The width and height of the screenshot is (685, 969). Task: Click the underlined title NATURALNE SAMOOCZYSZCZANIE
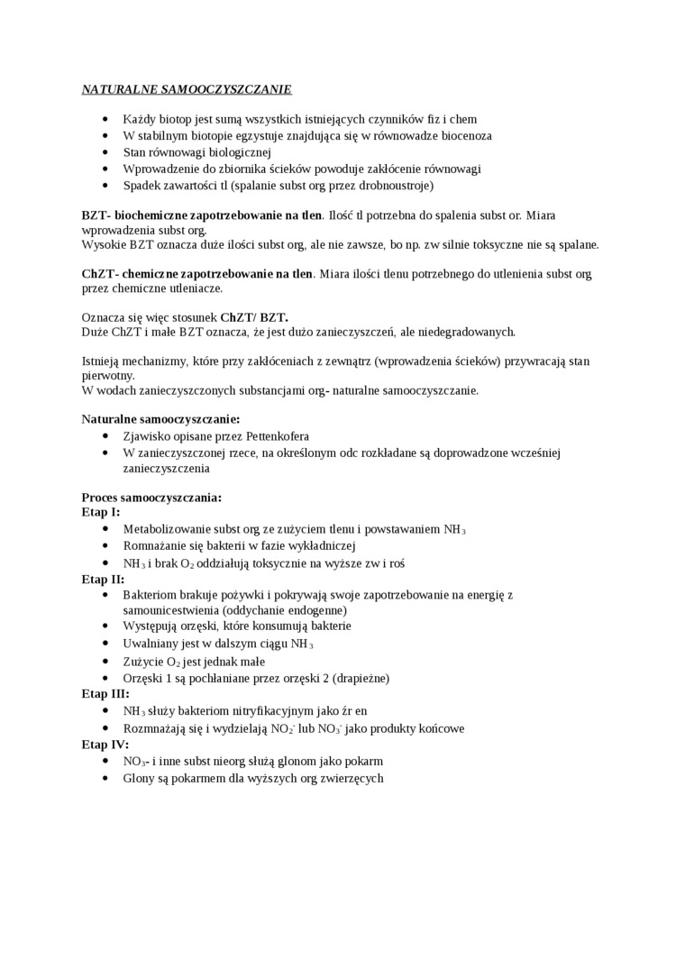(x=187, y=90)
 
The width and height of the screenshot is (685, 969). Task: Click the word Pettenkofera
(x=278, y=436)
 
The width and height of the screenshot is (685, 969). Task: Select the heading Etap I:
(x=101, y=512)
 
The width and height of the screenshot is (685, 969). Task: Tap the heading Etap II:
(x=103, y=579)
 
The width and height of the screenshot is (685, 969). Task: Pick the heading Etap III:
(x=105, y=693)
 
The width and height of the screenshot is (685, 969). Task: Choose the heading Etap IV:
(x=105, y=744)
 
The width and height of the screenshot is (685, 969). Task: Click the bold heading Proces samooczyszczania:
(x=151, y=497)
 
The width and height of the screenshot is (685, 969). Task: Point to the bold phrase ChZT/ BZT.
(x=254, y=317)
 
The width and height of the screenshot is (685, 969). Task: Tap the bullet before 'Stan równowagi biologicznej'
(x=105, y=152)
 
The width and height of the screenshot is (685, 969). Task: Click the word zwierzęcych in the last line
(x=352, y=778)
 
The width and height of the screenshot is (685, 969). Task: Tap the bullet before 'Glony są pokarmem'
(x=105, y=778)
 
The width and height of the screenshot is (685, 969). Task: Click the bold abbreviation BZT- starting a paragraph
(x=96, y=215)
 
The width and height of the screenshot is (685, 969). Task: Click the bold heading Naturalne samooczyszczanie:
(x=160, y=419)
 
